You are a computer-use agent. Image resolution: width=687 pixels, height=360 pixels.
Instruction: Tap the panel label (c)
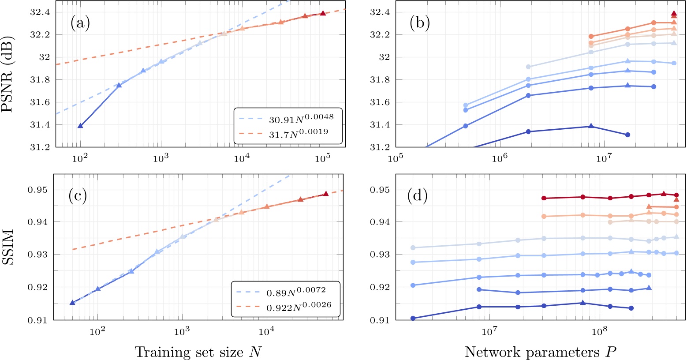(78, 195)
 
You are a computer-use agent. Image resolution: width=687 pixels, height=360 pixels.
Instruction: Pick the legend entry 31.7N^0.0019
(299, 132)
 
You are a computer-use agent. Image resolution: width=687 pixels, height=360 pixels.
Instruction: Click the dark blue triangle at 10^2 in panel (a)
(80, 126)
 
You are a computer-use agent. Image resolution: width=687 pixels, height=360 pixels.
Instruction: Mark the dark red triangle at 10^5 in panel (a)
(323, 13)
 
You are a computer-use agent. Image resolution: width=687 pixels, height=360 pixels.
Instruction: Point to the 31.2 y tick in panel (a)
(41, 147)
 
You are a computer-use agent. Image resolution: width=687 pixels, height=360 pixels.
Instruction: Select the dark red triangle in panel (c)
(325, 194)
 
